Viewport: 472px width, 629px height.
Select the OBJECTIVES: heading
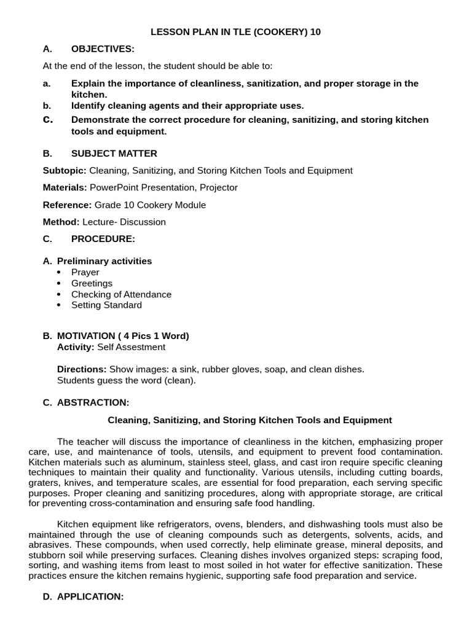(x=103, y=49)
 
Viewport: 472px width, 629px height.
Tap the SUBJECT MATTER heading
(x=114, y=154)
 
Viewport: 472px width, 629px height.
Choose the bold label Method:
(x=61, y=222)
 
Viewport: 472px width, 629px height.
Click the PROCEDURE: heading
(x=103, y=238)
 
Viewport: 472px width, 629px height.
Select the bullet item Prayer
(x=85, y=272)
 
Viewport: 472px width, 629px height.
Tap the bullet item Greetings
(x=92, y=283)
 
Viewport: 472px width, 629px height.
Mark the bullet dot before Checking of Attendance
(x=59, y=294)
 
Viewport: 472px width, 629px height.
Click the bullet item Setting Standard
(x=106, y=305)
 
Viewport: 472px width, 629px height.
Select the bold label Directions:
(x=82, y=369)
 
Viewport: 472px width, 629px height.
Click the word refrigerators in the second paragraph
(x=168, y=524)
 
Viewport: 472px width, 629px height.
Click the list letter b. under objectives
(x=47, y=106)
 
